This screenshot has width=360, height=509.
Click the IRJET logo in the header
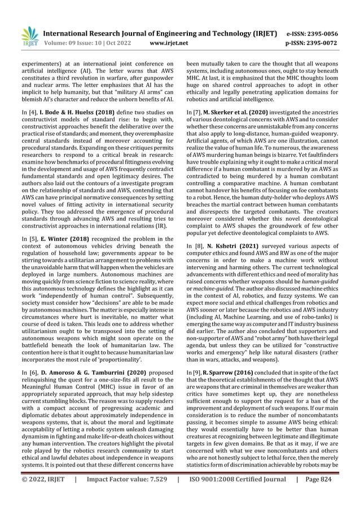tap(28, 37)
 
